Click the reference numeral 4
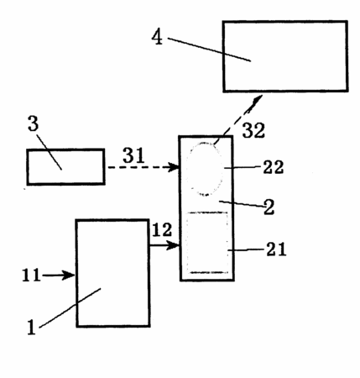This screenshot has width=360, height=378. [157, 37]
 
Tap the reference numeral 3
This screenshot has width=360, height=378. [33, 123]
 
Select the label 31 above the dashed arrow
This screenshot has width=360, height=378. [133, 155]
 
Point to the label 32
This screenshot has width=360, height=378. [253, 130]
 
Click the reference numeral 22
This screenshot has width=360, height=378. [274, 167]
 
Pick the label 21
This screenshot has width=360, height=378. [276, 249]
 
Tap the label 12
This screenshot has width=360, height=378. [162, 230]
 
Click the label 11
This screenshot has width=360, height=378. [31, 275]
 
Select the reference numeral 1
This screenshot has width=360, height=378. [32, 327]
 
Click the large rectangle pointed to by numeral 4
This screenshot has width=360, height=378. [285, 56]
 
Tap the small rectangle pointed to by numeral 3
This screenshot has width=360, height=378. [65, 167]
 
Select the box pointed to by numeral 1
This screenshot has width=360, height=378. [112, 273]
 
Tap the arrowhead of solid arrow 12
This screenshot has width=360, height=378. [173, 245]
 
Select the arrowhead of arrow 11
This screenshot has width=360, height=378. [69, 276]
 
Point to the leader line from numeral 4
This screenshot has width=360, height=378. [209, 50]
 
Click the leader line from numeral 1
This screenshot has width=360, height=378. [70, 307]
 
